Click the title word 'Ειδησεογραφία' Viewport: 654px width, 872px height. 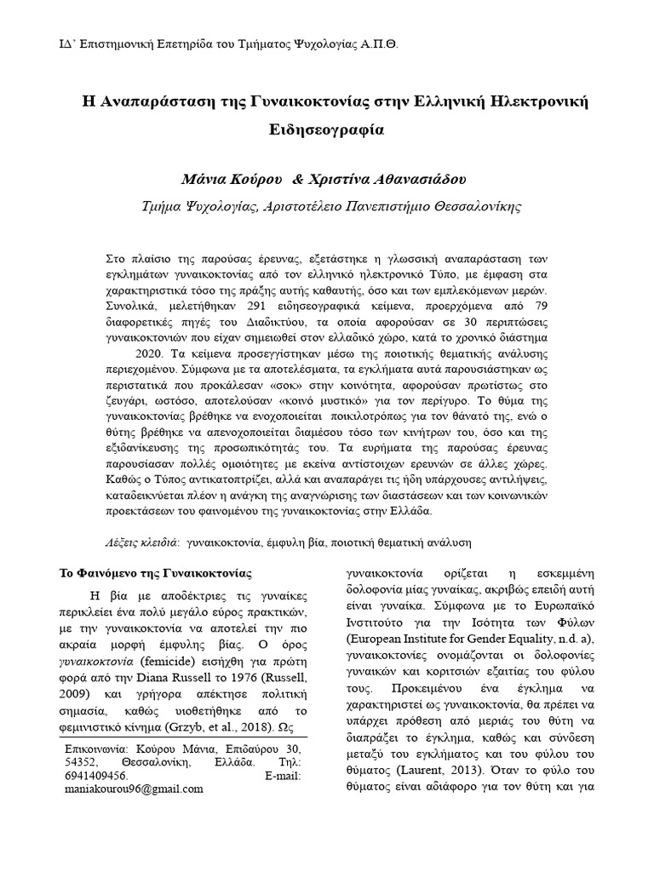point(327,131)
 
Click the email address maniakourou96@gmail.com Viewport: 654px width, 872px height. point(134,789)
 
